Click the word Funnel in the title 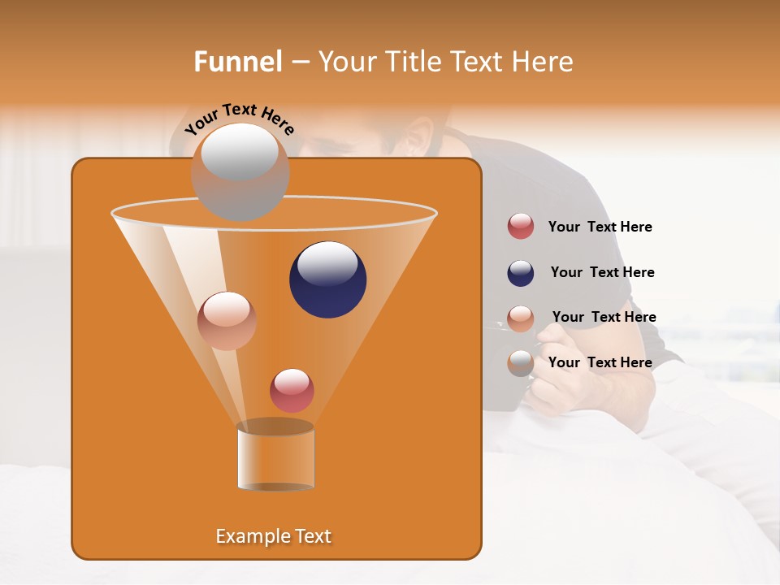pos(237,62)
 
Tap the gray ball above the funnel pos(240,171)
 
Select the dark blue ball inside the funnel pos(327,279)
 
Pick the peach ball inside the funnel pos(227,321)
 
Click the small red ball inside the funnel pos(292,390)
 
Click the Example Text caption pos(273,536)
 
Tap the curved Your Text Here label pos(239,118)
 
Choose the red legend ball pos(521,227)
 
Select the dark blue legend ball pos(521,273)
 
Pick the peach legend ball pos(521,318)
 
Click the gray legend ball pos(521,363)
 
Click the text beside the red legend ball pos(600,227)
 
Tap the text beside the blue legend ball pos(602,272)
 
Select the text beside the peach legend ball pos(604,317)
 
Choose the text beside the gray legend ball pos(600,362)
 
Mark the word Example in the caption pos(247,536)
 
